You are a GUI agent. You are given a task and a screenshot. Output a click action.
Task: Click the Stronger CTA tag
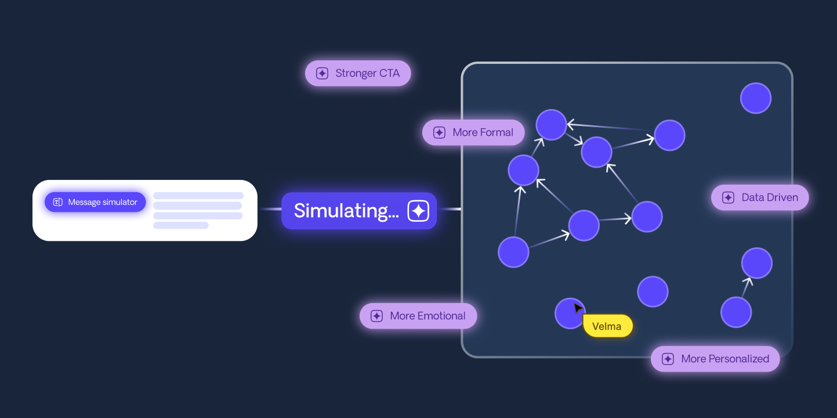pos(358,74)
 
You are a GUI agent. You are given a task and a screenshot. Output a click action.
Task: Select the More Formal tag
pos(473,132)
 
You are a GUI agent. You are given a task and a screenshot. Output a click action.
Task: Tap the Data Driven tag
pos(760,197)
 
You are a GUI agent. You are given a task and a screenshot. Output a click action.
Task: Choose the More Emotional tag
pos(418,316)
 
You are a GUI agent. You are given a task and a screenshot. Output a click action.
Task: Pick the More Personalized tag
pos(715,359)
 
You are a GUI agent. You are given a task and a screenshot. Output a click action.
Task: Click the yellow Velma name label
pos(607,326)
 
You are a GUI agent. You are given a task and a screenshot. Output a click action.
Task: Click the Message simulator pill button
pos(95,202)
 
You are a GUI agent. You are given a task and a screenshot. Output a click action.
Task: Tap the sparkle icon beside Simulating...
pos(418,211)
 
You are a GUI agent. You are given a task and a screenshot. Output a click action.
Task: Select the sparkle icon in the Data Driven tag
pos(728,197)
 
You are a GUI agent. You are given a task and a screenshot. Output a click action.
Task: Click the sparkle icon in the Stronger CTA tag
pos(322,74)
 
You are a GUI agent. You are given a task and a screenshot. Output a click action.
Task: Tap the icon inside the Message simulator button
pos(57,202)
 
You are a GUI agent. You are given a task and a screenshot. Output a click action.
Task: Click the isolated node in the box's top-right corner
pos(755,98)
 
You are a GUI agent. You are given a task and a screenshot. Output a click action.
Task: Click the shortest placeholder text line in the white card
pos(180,225)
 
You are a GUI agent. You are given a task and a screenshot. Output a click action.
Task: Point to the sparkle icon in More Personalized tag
pos(668,359)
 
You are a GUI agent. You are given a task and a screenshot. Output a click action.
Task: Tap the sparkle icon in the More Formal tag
pos(439,132)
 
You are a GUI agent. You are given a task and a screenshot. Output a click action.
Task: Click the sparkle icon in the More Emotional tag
pos(376,316)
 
